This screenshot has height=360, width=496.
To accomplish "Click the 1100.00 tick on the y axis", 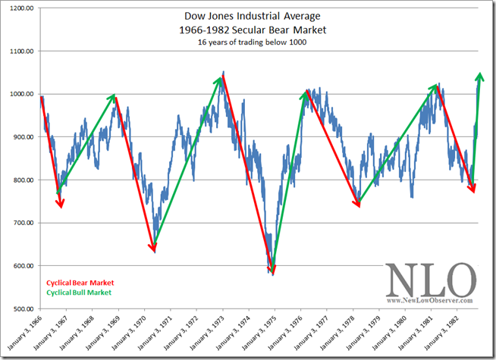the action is (21, 52).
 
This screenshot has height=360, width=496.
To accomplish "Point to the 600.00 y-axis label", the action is (23, 266).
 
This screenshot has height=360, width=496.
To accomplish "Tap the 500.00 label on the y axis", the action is (23, 308).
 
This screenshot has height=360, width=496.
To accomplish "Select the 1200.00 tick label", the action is (21, 8).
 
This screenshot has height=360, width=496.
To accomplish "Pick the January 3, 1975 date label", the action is (259, 333).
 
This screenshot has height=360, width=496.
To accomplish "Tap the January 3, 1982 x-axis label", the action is (441, 333).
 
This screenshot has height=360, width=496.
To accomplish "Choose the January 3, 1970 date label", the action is (129, 333).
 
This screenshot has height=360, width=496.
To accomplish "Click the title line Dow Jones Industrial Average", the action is (252, 16).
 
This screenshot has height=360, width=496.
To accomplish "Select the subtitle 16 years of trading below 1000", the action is (252, 42).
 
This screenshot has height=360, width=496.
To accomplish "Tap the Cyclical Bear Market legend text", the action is (80, 283).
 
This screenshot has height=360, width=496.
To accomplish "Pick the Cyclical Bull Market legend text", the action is (79, 293).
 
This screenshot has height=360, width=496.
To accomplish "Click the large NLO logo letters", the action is (431, 280).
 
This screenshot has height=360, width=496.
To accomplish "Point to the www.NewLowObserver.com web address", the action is (429, 300).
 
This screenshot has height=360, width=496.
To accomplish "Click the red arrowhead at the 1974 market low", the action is (273, 270).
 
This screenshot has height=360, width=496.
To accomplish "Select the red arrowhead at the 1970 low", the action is (153, 248).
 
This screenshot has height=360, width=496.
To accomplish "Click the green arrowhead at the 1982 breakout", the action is (480, 77).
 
